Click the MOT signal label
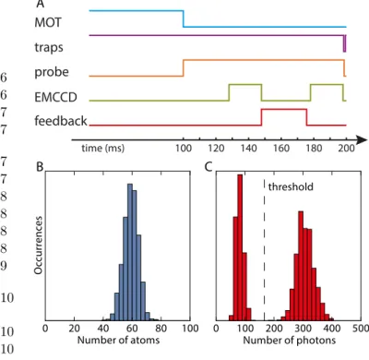(x=48, y=22)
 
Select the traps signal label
(x=49, y=47)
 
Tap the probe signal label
(x=52, y=72)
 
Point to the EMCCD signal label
(x=55, y=97)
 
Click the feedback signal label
(x=61, y=120)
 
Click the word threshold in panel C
(x=291, y=186)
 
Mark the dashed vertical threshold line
(x=265, y=250)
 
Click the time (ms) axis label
(x=103, y=149)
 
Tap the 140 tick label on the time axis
(x=248, y=149)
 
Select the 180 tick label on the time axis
(x=314, y=149)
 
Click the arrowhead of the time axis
(x=362, y=139)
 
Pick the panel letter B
(x=40, y=167)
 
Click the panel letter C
(x=208, y=167)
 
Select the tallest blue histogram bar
(x=130, y=252)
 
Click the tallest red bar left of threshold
(x=240, y=247)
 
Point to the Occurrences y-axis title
(x=38, y=245)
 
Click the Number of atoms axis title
(x=118, y=340)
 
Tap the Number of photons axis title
(x=290, y=340)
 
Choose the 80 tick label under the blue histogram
(x=161, y=329)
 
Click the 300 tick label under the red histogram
(x=304, y=329)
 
